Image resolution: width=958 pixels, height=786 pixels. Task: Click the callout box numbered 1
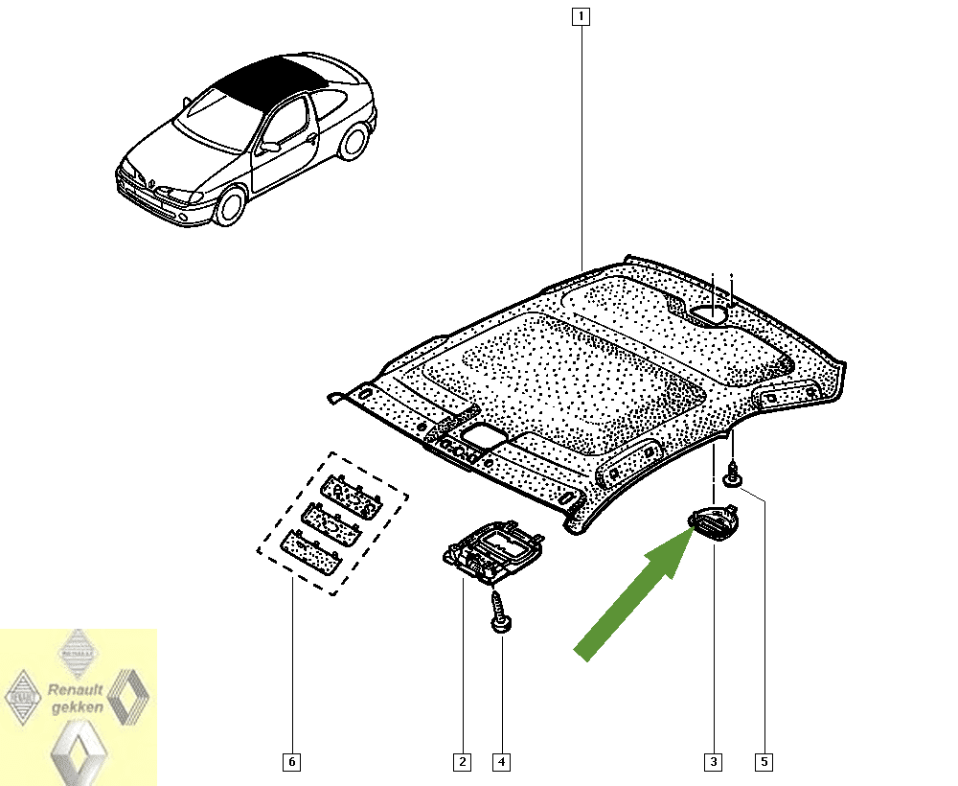tap(581, 16)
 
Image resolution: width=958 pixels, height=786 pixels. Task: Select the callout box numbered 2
tap(462, 761)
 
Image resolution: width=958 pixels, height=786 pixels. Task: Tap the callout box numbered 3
tap(713, 761)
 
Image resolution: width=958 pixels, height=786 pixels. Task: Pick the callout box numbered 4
tap(501, 761)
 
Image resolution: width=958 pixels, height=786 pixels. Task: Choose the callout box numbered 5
tap(764, 761)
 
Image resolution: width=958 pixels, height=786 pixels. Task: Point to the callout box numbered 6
tap(291, 761)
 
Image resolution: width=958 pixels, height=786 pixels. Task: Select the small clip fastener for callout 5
tap(732, 475)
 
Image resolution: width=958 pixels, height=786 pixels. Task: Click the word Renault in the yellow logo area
tap(75, 690)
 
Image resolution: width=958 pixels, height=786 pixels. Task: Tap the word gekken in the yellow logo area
tap(78, 707)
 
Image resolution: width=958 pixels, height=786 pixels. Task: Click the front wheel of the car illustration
tap(231, 207)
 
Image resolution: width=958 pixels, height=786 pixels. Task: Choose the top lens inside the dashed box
tap(352, 497)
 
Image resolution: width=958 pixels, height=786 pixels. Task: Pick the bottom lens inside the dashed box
tap(311, 552)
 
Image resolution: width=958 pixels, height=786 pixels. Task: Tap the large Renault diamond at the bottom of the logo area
tap(79, 752)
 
